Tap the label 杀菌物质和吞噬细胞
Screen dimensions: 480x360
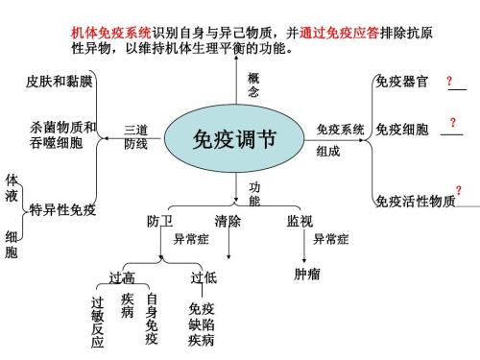pyautogui.click(x=63, y=134)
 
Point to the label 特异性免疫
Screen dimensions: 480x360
pyautogui.click(x=63, y=210)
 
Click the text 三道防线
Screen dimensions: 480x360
pyautogui.click(x=135, y=136)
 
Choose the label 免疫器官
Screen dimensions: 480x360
pyautogui.click(x=401, y=81)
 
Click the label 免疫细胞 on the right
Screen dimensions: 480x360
pyautogui.click(x=401, y=129)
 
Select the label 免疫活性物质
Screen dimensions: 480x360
pyautogui.click(x=415, y=201)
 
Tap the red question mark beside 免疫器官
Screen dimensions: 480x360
pyautogui.click(x=449, y=83)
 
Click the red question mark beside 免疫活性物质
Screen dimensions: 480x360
pyautogui.click(x=459, y=191)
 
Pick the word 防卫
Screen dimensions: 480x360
pyautogui.click(x=160, y=221)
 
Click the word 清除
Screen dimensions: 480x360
pyautogui.click(x=228, y=221)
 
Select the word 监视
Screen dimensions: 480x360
pyautogui.click(x=300, y=221)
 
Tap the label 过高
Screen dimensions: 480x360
pyautogui.click(x=122, y=277)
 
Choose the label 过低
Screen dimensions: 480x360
pyautogui.click(x=204, y=277)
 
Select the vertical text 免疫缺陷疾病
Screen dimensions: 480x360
pyautogui.click(x=202, y=324)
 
